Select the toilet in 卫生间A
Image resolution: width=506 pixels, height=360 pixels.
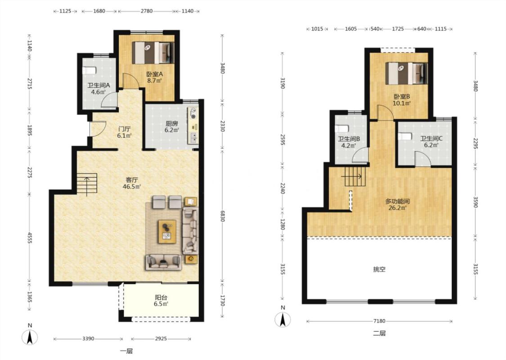(89, 70)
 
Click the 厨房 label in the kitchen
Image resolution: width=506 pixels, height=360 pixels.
(172, 123)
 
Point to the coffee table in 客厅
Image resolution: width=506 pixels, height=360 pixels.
(167, 231)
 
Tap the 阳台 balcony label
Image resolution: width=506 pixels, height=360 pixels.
(161, 297)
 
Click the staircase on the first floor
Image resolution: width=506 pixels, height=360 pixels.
(87, 184)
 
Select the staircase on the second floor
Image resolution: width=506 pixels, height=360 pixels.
(354, 176)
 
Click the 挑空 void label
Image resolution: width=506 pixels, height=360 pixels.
(379, 269)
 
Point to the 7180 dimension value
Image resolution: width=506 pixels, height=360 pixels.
(379, 321)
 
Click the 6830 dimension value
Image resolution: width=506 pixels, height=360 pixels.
(222, 216)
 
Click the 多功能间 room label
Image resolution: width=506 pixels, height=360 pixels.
(398, 202)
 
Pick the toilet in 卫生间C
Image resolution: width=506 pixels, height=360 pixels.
(405, 136)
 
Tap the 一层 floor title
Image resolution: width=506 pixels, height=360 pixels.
(126, 351)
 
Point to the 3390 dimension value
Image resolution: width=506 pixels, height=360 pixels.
(88, 339)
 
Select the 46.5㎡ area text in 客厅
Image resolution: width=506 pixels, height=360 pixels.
(132, 187)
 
